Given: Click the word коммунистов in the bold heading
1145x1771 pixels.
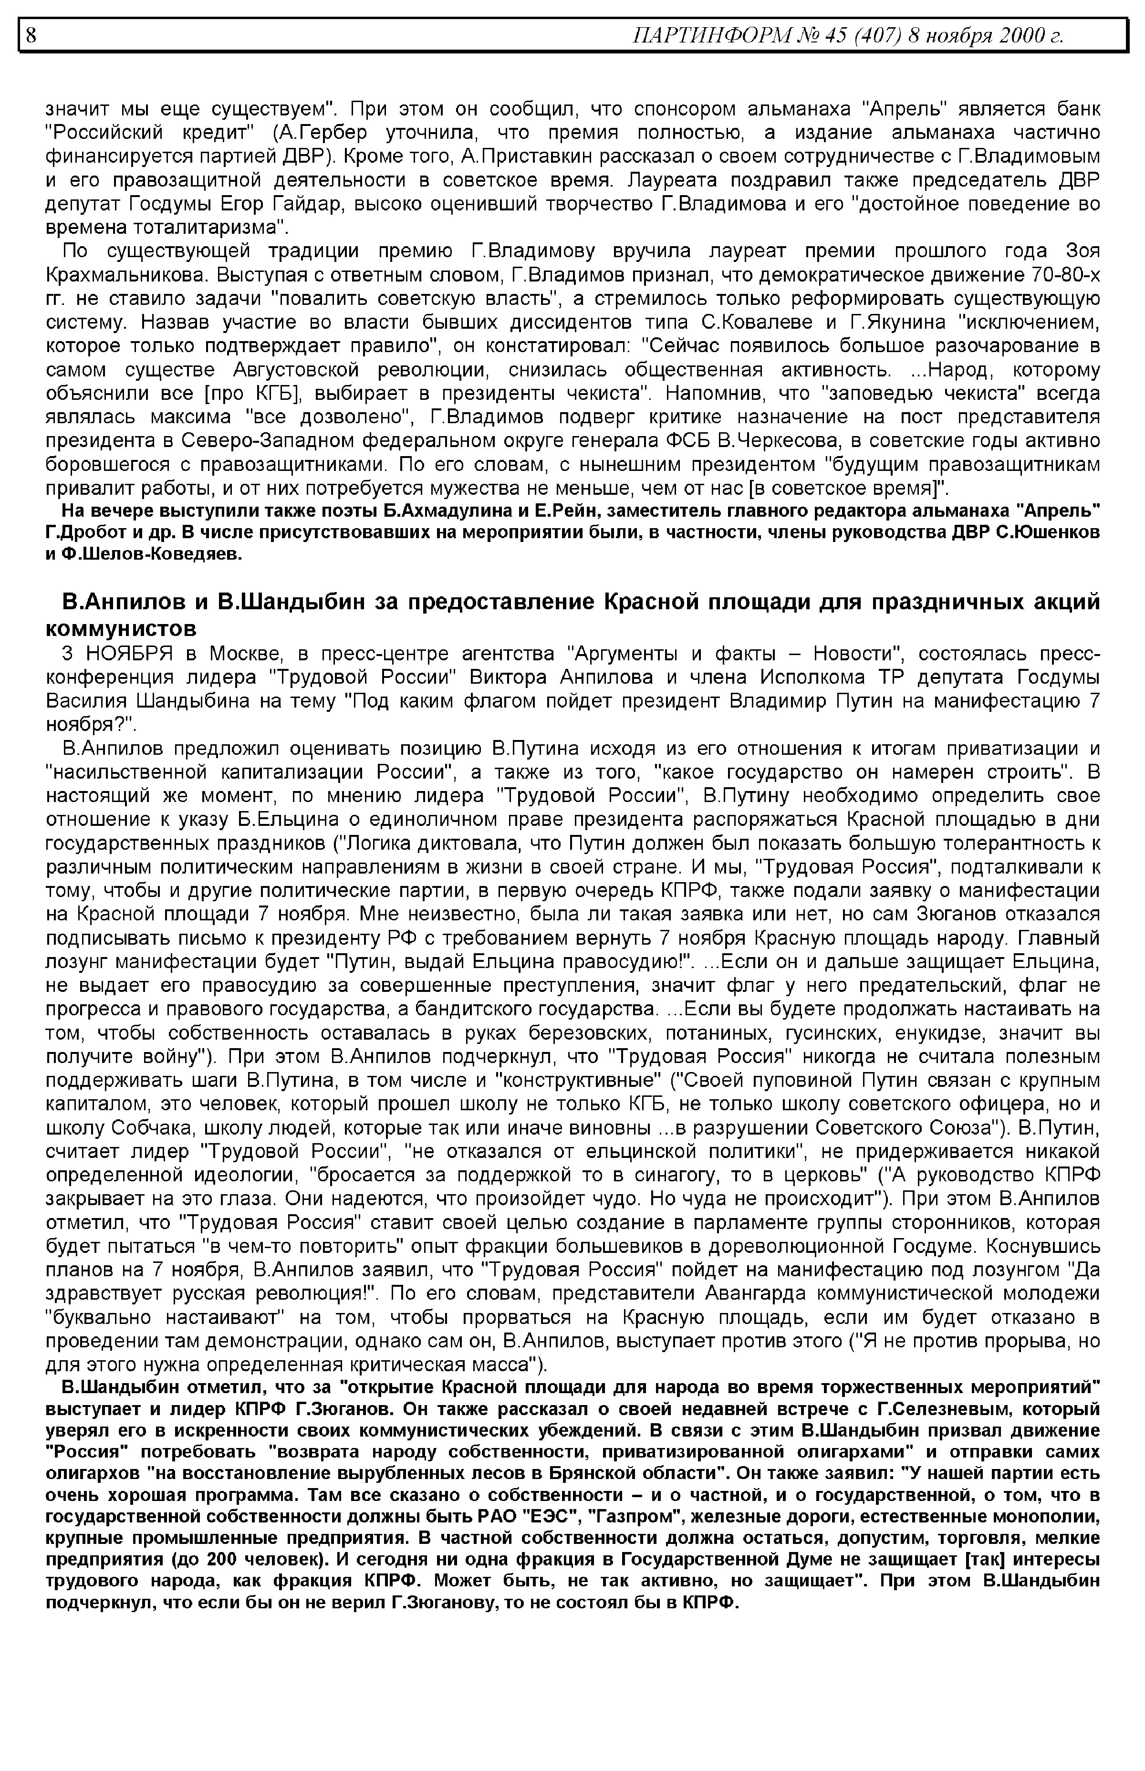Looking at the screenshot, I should (121, 628).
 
